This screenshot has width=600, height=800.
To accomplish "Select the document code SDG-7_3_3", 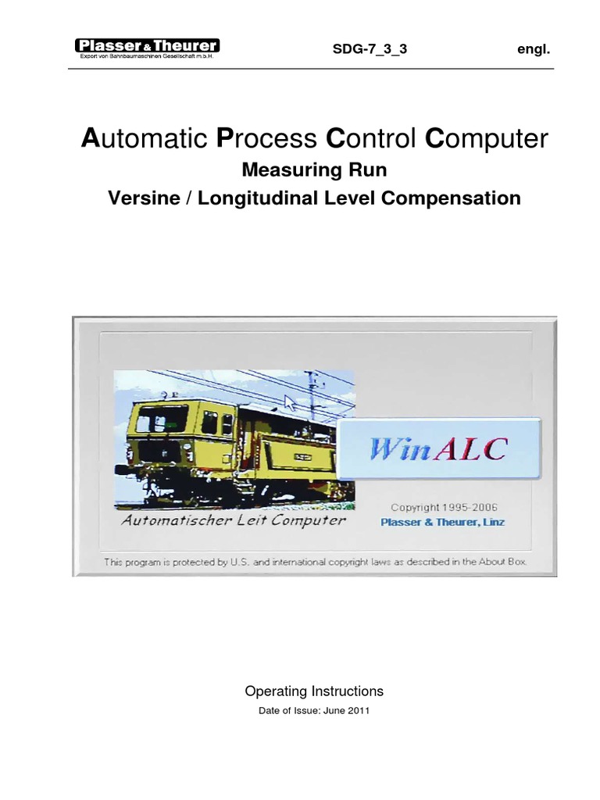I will [x=370, y=49].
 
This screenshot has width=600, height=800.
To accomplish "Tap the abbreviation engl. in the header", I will [x=534, y=49].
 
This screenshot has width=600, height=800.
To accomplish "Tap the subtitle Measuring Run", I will [x=315, y=170].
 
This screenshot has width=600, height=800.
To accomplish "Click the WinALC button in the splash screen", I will [x=439, y=449].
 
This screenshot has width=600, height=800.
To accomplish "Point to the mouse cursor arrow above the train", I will [x=290, y=404].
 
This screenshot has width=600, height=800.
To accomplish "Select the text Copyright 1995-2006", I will [x=443, y=507].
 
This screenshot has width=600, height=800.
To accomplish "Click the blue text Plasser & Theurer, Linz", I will [x=442, y=522].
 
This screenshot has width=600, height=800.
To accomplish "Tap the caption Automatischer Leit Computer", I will [x=234, y=520].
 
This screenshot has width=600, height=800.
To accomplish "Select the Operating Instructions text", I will [x=314, y=691].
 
